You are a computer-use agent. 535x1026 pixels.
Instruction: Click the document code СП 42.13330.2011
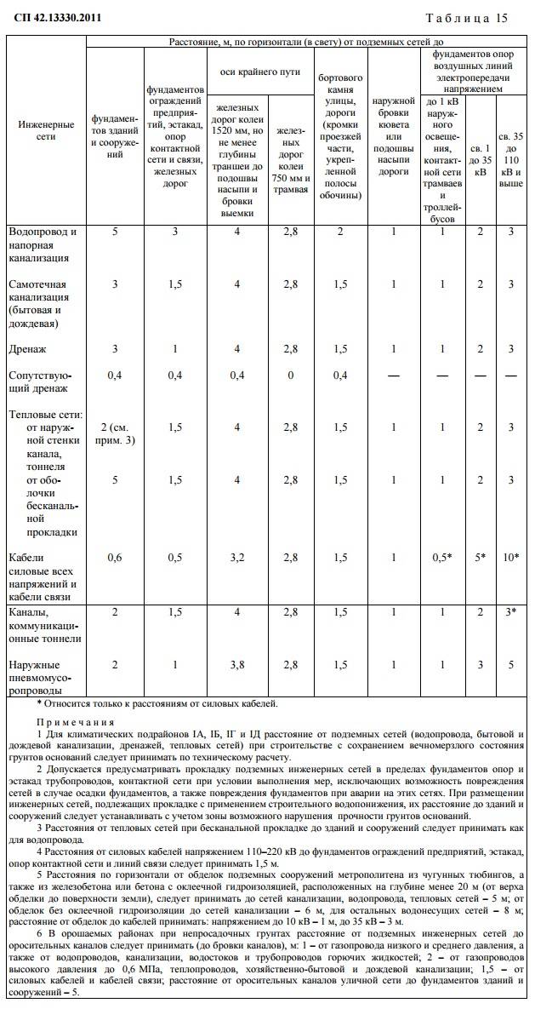[x=52, y=18]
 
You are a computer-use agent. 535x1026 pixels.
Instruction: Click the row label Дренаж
[x=27, y=348]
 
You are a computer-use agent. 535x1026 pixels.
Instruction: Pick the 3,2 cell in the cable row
[x=237, y=557]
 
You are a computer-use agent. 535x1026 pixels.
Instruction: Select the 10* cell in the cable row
[x=509, y=557]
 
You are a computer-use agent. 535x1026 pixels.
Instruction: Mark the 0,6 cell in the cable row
[x=115, y=557]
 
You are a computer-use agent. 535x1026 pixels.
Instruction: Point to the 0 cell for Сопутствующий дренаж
[x=290, y=375]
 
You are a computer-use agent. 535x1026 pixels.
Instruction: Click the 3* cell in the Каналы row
[x=509, y=611]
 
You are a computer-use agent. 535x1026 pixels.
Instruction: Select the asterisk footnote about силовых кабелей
[x=158, y=703]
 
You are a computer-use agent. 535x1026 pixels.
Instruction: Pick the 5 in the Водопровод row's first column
[x=115, y=232]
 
